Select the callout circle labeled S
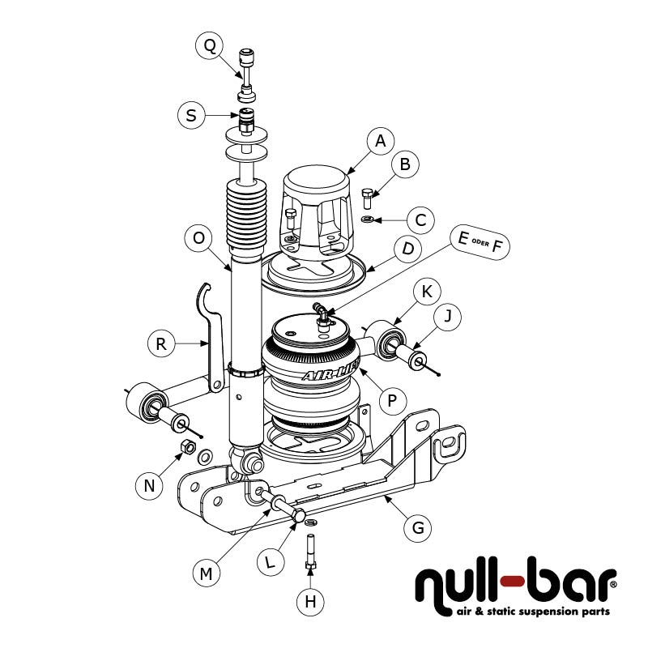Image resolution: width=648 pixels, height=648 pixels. click(x=191, y=115)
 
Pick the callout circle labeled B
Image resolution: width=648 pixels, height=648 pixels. click(x=405, y=164)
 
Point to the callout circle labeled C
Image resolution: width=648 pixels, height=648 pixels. click(x=420, y=219)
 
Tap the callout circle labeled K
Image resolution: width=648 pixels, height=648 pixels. click(x=427, y=290)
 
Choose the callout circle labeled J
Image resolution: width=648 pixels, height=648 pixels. click(x=447, y=319)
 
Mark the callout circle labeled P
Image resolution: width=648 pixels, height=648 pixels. click(x=392, y=399)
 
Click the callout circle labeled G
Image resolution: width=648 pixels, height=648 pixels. click(x=418, y=528)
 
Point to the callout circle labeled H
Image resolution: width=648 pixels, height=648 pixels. click(x=310, y=601)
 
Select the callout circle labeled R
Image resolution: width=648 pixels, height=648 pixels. click(x=161, y=344)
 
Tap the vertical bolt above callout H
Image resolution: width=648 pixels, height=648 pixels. click(x=310, y=554)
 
